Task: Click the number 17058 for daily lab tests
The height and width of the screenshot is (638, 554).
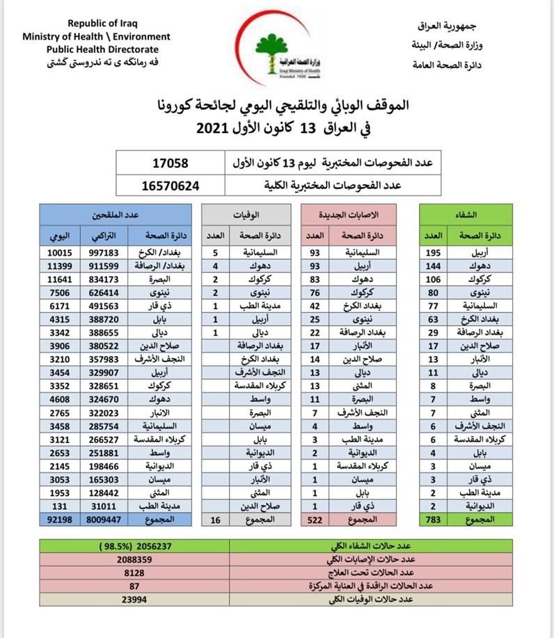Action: tap(171, 164)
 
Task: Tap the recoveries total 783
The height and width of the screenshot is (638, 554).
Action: tap(433, 519)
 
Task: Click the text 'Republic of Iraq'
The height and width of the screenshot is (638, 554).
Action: tap(97, 24)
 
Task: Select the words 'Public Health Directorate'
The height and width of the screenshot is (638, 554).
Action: tap(102, 49)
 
